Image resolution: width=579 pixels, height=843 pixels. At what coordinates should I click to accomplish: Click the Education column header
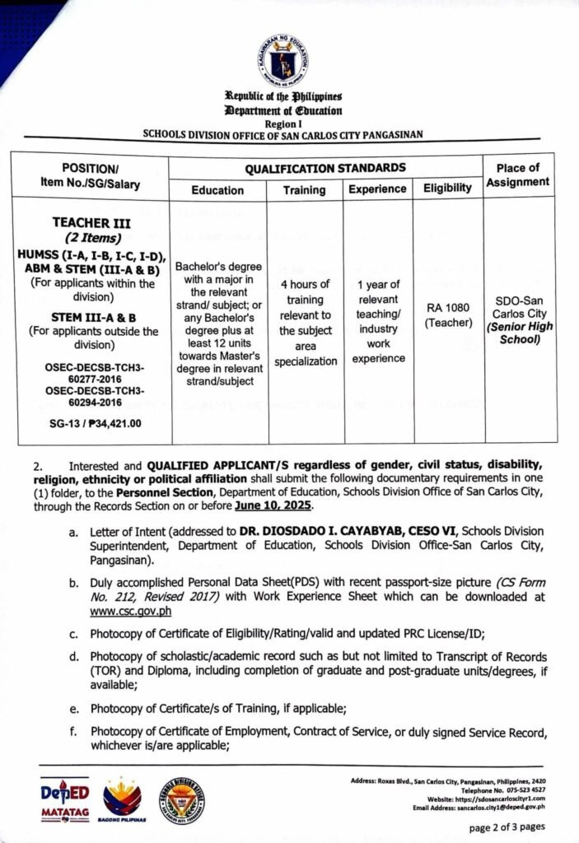tap(217, 189)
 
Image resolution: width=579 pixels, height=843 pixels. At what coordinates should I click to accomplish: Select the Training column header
tap(304, 189)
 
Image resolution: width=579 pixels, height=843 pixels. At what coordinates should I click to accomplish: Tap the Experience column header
tap(377, 189)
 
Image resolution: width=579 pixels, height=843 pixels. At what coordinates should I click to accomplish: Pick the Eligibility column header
tap(447, 189)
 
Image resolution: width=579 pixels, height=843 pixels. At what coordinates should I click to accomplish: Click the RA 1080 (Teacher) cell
tap(447, 314)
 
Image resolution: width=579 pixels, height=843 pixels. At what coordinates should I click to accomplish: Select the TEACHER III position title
tap(91, 222)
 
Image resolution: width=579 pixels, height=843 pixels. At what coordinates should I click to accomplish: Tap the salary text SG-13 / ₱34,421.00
tap(91, 424)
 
